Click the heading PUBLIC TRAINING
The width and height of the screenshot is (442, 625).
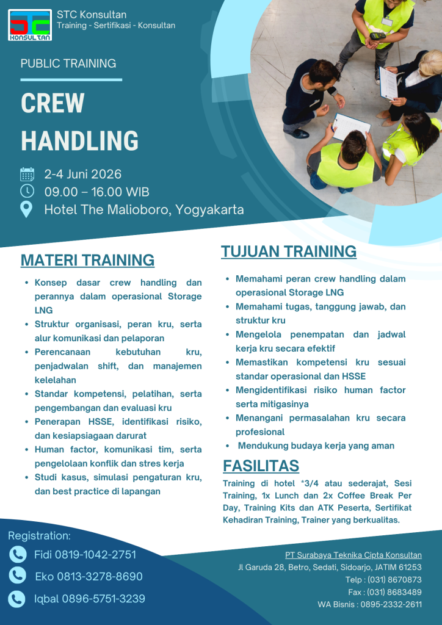tap(68, 63)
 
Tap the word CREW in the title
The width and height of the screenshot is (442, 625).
tap(53, 103)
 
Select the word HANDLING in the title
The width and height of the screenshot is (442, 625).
tap(79, 140)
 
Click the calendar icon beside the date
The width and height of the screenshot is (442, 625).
tap(27, 175)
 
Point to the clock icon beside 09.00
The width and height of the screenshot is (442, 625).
tap(27, 192)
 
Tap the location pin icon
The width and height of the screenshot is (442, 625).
tap(27, 209)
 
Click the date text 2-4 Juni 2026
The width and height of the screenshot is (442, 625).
tap(83, 175)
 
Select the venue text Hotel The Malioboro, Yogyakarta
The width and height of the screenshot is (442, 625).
tap(144, 210)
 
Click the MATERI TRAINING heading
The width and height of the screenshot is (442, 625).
tap(87, 260)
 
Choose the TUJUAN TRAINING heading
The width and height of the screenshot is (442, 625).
tap(288, 251)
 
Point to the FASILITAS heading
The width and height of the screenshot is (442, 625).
tap(261, 466)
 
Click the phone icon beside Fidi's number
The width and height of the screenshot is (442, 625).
tap(18, 554)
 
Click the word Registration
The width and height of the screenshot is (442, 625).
tap(39, 536)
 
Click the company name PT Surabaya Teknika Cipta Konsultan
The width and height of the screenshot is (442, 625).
tap(353, 555)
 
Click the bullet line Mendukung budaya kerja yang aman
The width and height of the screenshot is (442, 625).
tap(316, 446)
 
